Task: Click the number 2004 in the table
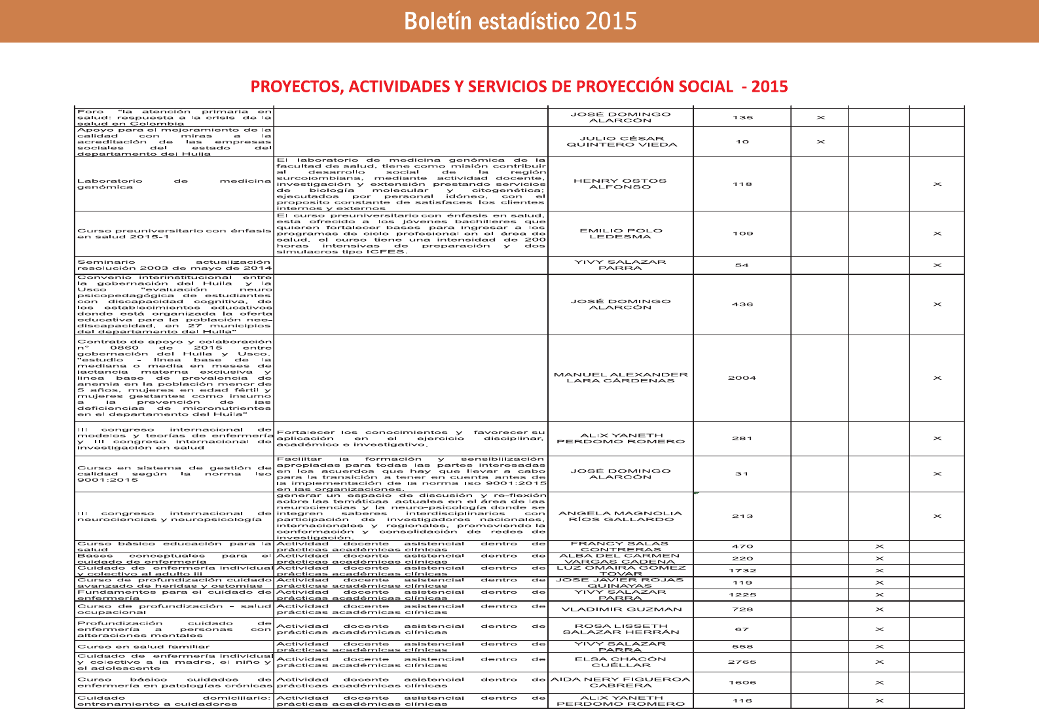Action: pos(742,378)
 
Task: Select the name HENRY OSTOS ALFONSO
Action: pos(620,184)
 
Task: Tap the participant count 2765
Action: pos(742,662)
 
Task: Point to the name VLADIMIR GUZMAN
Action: pos(620,609)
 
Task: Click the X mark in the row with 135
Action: pos(820,118)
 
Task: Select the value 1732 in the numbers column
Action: pos(742,571)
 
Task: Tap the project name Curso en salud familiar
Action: pos(143,647)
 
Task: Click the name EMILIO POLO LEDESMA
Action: pos(621,234)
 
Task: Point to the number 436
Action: pos(742,304)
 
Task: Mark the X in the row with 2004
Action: pos(937,378)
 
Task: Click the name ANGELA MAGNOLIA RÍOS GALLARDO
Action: pos(620,517)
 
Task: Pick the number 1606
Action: pos(742,682)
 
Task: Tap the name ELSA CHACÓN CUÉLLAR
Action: pos(620,662)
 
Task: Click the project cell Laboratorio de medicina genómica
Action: pos(173,184)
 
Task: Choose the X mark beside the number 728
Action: pos(879,609)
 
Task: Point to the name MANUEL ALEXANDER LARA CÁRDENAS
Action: pos(621,378)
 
